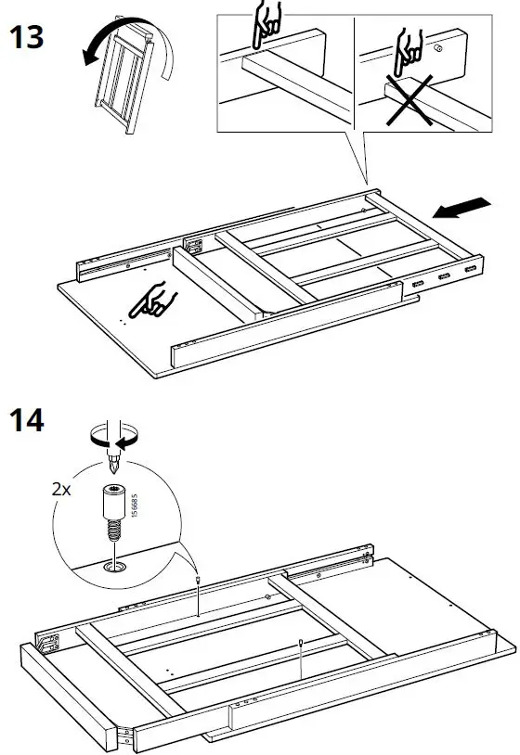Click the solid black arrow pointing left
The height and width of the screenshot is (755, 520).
tap(461, 208)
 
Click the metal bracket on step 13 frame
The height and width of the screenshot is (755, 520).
tap(194, 246)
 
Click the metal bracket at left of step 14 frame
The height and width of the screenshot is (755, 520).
tap(47, 639)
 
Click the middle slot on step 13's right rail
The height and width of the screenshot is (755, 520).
tap(445, 276)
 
